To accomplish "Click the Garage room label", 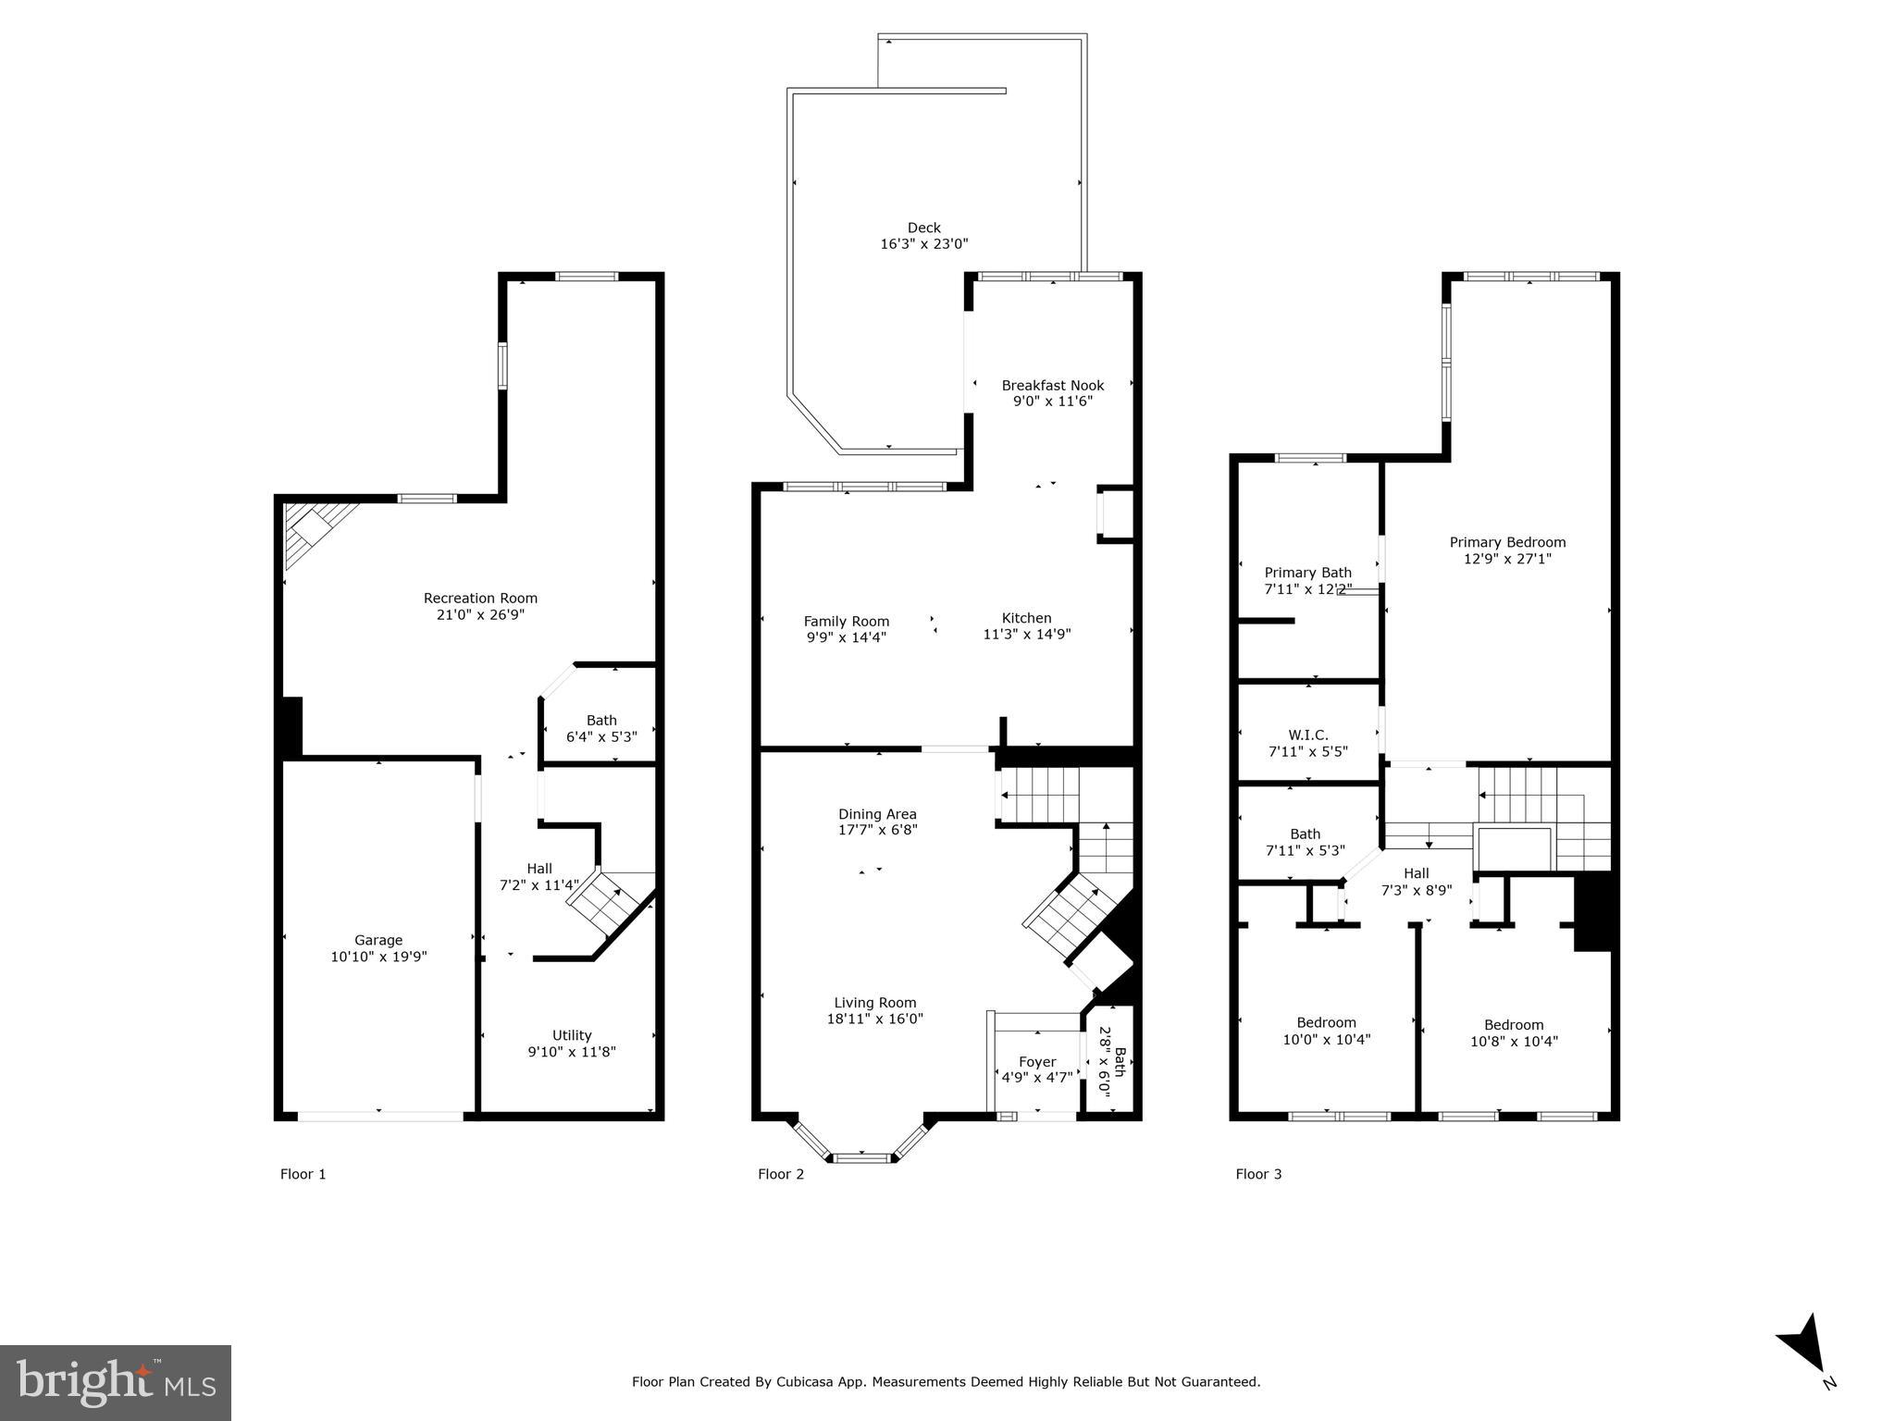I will pos(378,940).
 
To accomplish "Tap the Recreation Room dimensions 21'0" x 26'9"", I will pos(480,614).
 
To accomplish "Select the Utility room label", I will pos(572,1035).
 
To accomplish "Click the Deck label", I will pos(923,228).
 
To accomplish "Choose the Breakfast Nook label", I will pos(1052,385).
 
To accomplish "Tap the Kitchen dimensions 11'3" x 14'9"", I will pos(1026,635).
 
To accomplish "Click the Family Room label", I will pos(846,622).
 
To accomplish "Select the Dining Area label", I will pos(877,814).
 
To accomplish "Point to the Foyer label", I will pos(1037,1062).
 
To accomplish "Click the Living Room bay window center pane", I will pos(862,1156).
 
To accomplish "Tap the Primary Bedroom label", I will pos(1507,542).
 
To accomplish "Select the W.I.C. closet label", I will pos(1307,735).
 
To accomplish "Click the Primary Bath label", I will pos(1307,573).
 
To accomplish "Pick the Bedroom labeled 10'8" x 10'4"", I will pos(1514,1032).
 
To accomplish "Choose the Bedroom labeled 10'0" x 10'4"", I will pos(1326,1031).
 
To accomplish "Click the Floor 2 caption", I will pos(781,1174).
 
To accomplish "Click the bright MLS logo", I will pos(116,1382).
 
